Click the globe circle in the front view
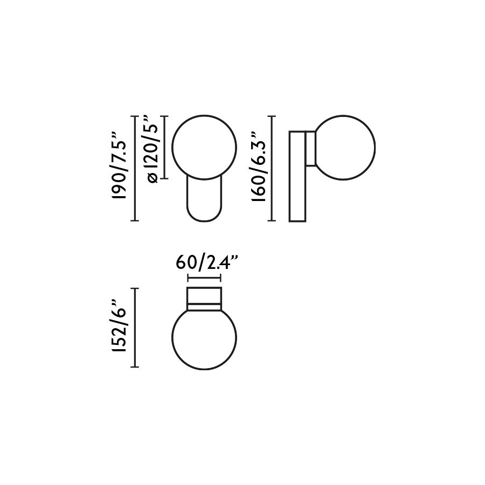click(x=172, y=147)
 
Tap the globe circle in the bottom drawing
click(x=204, y=369)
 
